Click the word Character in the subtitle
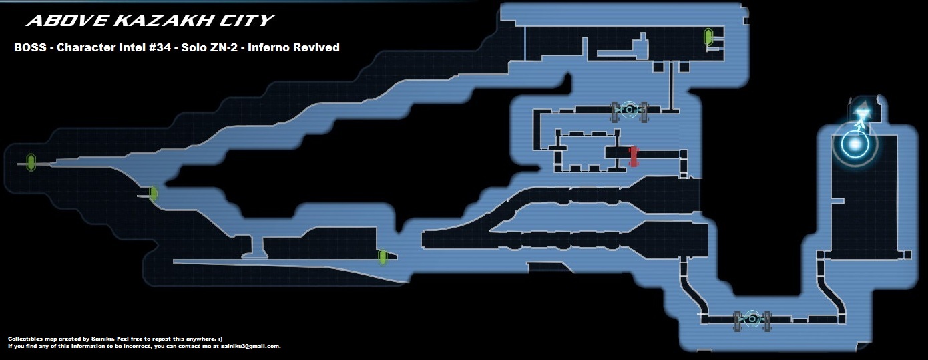coord(79,48)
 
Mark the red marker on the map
coord(633,156)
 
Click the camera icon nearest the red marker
coord(628,110)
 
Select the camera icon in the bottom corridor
coord(752,319)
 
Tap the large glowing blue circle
coord(854,144)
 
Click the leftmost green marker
coord(31,162)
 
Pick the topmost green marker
coord(708,37)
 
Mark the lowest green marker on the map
coord(383,257)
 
